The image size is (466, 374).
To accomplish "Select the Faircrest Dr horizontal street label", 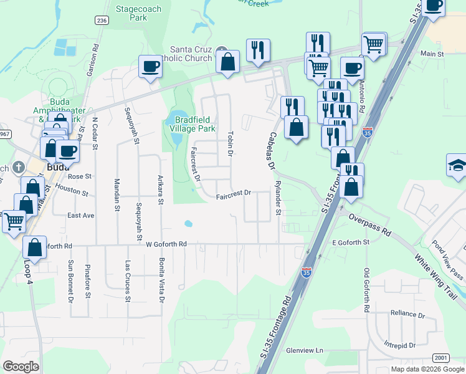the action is pos(233,194).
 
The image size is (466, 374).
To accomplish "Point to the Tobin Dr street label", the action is pos(231,144).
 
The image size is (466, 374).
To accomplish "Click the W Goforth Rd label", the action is pos(166,244).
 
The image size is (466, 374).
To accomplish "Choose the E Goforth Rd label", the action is pos(351,242).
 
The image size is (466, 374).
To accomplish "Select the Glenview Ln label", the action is pos(305,350).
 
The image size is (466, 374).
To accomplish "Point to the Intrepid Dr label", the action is pos(399,345).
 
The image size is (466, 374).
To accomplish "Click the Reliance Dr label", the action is pos(407,313).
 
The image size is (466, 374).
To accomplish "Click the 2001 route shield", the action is pos(440,357).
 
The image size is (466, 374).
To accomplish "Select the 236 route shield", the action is pos(102,21).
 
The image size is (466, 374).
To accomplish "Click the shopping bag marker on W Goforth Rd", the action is pos(35,247).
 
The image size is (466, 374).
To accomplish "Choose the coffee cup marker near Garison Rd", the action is pos(150,67).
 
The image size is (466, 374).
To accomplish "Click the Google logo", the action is pos(21,367).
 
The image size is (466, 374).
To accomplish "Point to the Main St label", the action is pos(431,54).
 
